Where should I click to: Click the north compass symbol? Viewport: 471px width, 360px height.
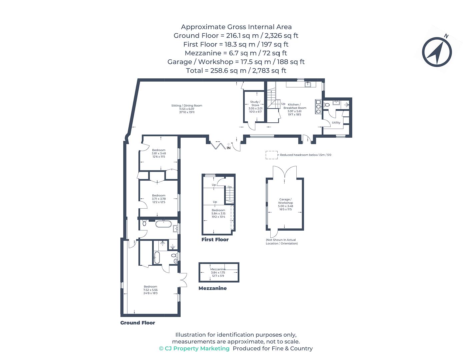pos(437,52)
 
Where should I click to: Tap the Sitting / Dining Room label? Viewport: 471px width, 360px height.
pos(187,109)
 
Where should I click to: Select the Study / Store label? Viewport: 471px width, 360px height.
pos(255,106)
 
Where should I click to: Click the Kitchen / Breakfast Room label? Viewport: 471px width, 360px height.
pos(295,109)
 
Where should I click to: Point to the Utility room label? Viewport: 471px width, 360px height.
pos(336,123)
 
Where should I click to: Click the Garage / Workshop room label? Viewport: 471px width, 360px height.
pos(285,204)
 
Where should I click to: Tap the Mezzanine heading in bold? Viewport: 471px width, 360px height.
pos(212,288)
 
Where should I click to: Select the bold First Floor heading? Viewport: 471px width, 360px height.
pos(215,239)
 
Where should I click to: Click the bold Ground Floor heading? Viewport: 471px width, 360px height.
pos(138,323)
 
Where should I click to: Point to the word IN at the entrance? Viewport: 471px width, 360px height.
pos(229,148)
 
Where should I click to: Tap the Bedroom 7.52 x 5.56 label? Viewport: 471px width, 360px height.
pos(150,290)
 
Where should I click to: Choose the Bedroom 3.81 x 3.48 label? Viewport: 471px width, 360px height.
pos(159,153)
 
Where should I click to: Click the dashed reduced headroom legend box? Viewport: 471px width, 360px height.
pos(271,155)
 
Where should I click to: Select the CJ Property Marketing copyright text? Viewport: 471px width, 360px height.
pos(194,348)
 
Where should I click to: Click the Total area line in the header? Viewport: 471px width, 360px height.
pos(236,70)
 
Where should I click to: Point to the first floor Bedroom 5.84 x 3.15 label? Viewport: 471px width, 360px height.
pos(218,213)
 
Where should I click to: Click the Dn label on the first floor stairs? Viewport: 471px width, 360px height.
pos(230,187)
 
